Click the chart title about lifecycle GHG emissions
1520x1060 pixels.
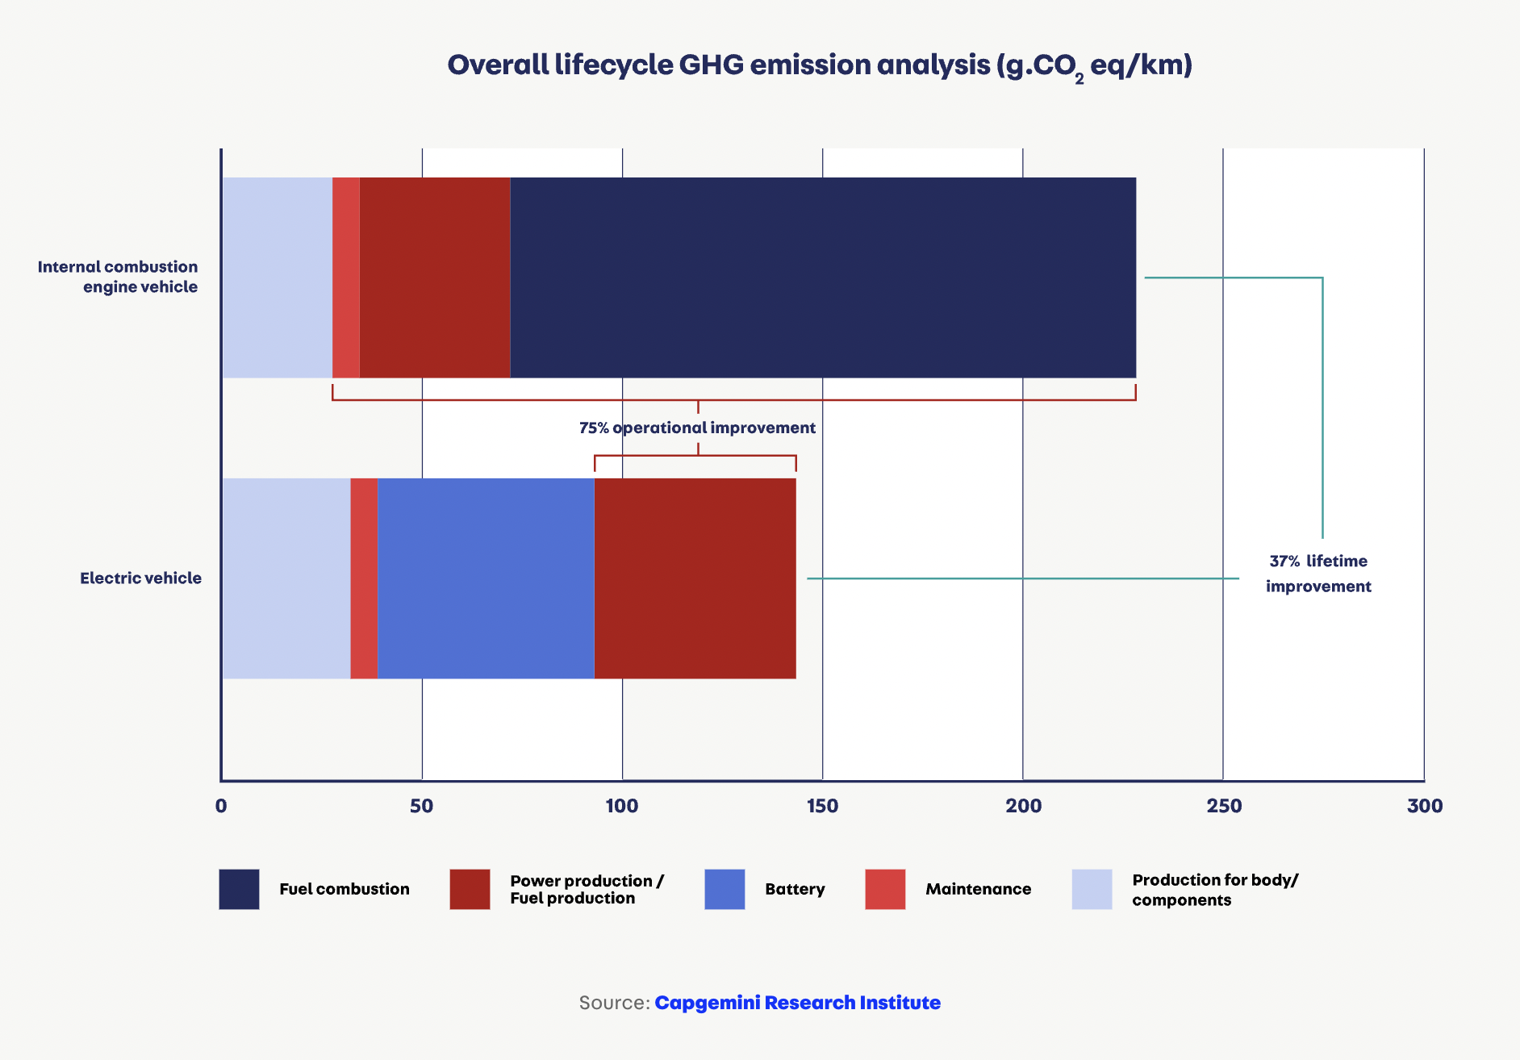tap(820, 65)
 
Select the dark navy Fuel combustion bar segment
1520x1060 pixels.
tap(823, 278)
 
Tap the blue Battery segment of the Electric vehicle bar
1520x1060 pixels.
tap(486, 578)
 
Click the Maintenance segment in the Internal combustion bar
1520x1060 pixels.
tap(346, 278)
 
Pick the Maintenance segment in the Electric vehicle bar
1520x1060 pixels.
tap(364, 578)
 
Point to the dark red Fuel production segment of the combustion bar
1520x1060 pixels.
tap(435, 278)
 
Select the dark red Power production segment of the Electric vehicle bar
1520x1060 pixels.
tap(695, 578)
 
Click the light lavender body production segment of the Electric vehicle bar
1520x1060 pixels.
tap(286, 578)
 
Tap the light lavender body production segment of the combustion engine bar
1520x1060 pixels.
tap(278, 278)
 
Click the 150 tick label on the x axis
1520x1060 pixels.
tap(822, 806)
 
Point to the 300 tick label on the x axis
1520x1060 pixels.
tap(1424, 806)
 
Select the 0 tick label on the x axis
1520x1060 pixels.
tap(221, 806)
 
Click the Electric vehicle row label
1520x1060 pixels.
tap(140, 578)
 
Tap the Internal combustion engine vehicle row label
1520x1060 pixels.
tap(118, 277)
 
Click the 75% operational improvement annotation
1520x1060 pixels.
tap(697, 428)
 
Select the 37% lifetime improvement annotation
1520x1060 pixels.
tap(1318, 574)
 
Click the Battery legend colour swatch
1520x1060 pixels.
tap(725, 889)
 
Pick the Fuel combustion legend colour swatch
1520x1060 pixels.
tap(239, 889)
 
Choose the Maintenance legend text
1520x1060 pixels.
tap(978, 889)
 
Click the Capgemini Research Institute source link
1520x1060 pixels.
tap(797, 1003)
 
